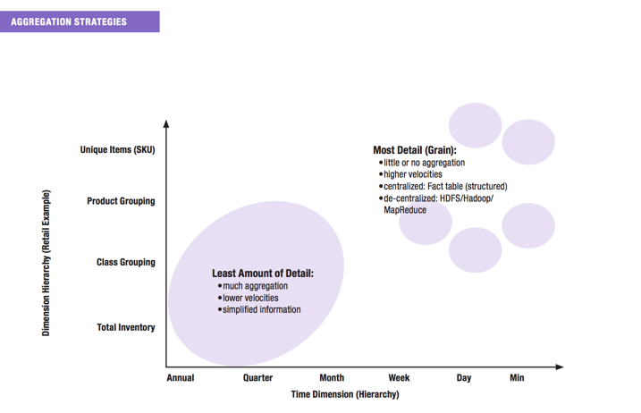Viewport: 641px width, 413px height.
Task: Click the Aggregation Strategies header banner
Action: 80,21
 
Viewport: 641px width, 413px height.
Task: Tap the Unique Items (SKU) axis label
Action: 117,149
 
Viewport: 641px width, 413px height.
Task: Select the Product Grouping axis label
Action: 121,201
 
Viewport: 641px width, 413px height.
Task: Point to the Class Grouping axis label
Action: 125,262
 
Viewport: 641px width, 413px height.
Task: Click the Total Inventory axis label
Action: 125,327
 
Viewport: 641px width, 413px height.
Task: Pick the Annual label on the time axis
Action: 181,378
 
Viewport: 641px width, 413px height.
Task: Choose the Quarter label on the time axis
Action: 257,378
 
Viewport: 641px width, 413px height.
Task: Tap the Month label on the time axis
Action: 332,378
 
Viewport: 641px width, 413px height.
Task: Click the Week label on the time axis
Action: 399,378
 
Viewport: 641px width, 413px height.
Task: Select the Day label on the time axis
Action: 463,378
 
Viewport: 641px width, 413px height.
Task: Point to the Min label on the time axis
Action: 517,378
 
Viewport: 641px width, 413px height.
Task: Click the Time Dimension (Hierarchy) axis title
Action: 345,394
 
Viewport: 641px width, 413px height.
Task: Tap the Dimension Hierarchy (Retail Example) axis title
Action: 46,263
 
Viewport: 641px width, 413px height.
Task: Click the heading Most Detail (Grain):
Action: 414,150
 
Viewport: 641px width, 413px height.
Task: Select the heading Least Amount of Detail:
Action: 263,273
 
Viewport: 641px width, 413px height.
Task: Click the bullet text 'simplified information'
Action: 261,309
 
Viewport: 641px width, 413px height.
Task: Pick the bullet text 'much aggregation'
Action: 255,286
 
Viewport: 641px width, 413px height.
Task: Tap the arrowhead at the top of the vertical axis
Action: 166,123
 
